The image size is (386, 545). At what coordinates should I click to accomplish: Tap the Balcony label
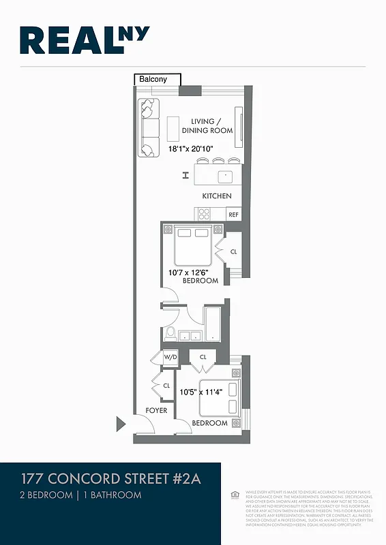(153, 80)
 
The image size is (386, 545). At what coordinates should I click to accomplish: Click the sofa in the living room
(148, 127)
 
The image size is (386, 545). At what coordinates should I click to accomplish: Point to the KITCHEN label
(217, 196)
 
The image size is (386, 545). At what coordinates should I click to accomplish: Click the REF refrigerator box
(234, 214)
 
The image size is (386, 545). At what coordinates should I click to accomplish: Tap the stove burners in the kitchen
(204, 213)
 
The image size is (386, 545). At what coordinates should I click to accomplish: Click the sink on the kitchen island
(224, 176)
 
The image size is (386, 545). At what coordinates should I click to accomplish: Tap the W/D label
(169, 358)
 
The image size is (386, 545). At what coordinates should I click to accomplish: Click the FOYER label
(156, 411)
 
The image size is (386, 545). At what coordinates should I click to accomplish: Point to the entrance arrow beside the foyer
(121, 424)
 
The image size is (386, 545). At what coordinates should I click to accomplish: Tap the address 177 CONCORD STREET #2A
(111, 478)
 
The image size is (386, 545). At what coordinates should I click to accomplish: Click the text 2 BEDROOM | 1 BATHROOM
(81, 495)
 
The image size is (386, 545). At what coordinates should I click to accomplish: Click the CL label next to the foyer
(166, 386)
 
